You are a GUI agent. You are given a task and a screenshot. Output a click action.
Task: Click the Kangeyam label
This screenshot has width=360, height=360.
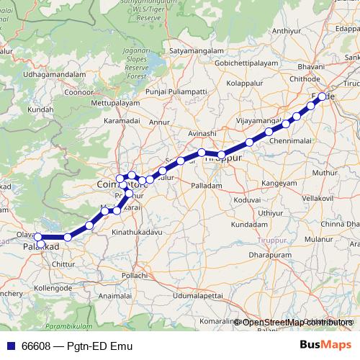point(279,184)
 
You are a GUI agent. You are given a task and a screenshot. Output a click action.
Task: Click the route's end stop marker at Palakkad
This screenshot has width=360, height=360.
point(39,237)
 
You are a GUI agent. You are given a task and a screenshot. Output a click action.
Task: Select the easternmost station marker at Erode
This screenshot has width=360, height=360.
point(322,96)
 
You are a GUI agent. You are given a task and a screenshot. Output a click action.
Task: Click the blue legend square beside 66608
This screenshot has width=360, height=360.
point(9,346)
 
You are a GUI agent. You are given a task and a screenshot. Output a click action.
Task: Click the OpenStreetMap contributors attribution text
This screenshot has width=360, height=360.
point(297,322)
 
